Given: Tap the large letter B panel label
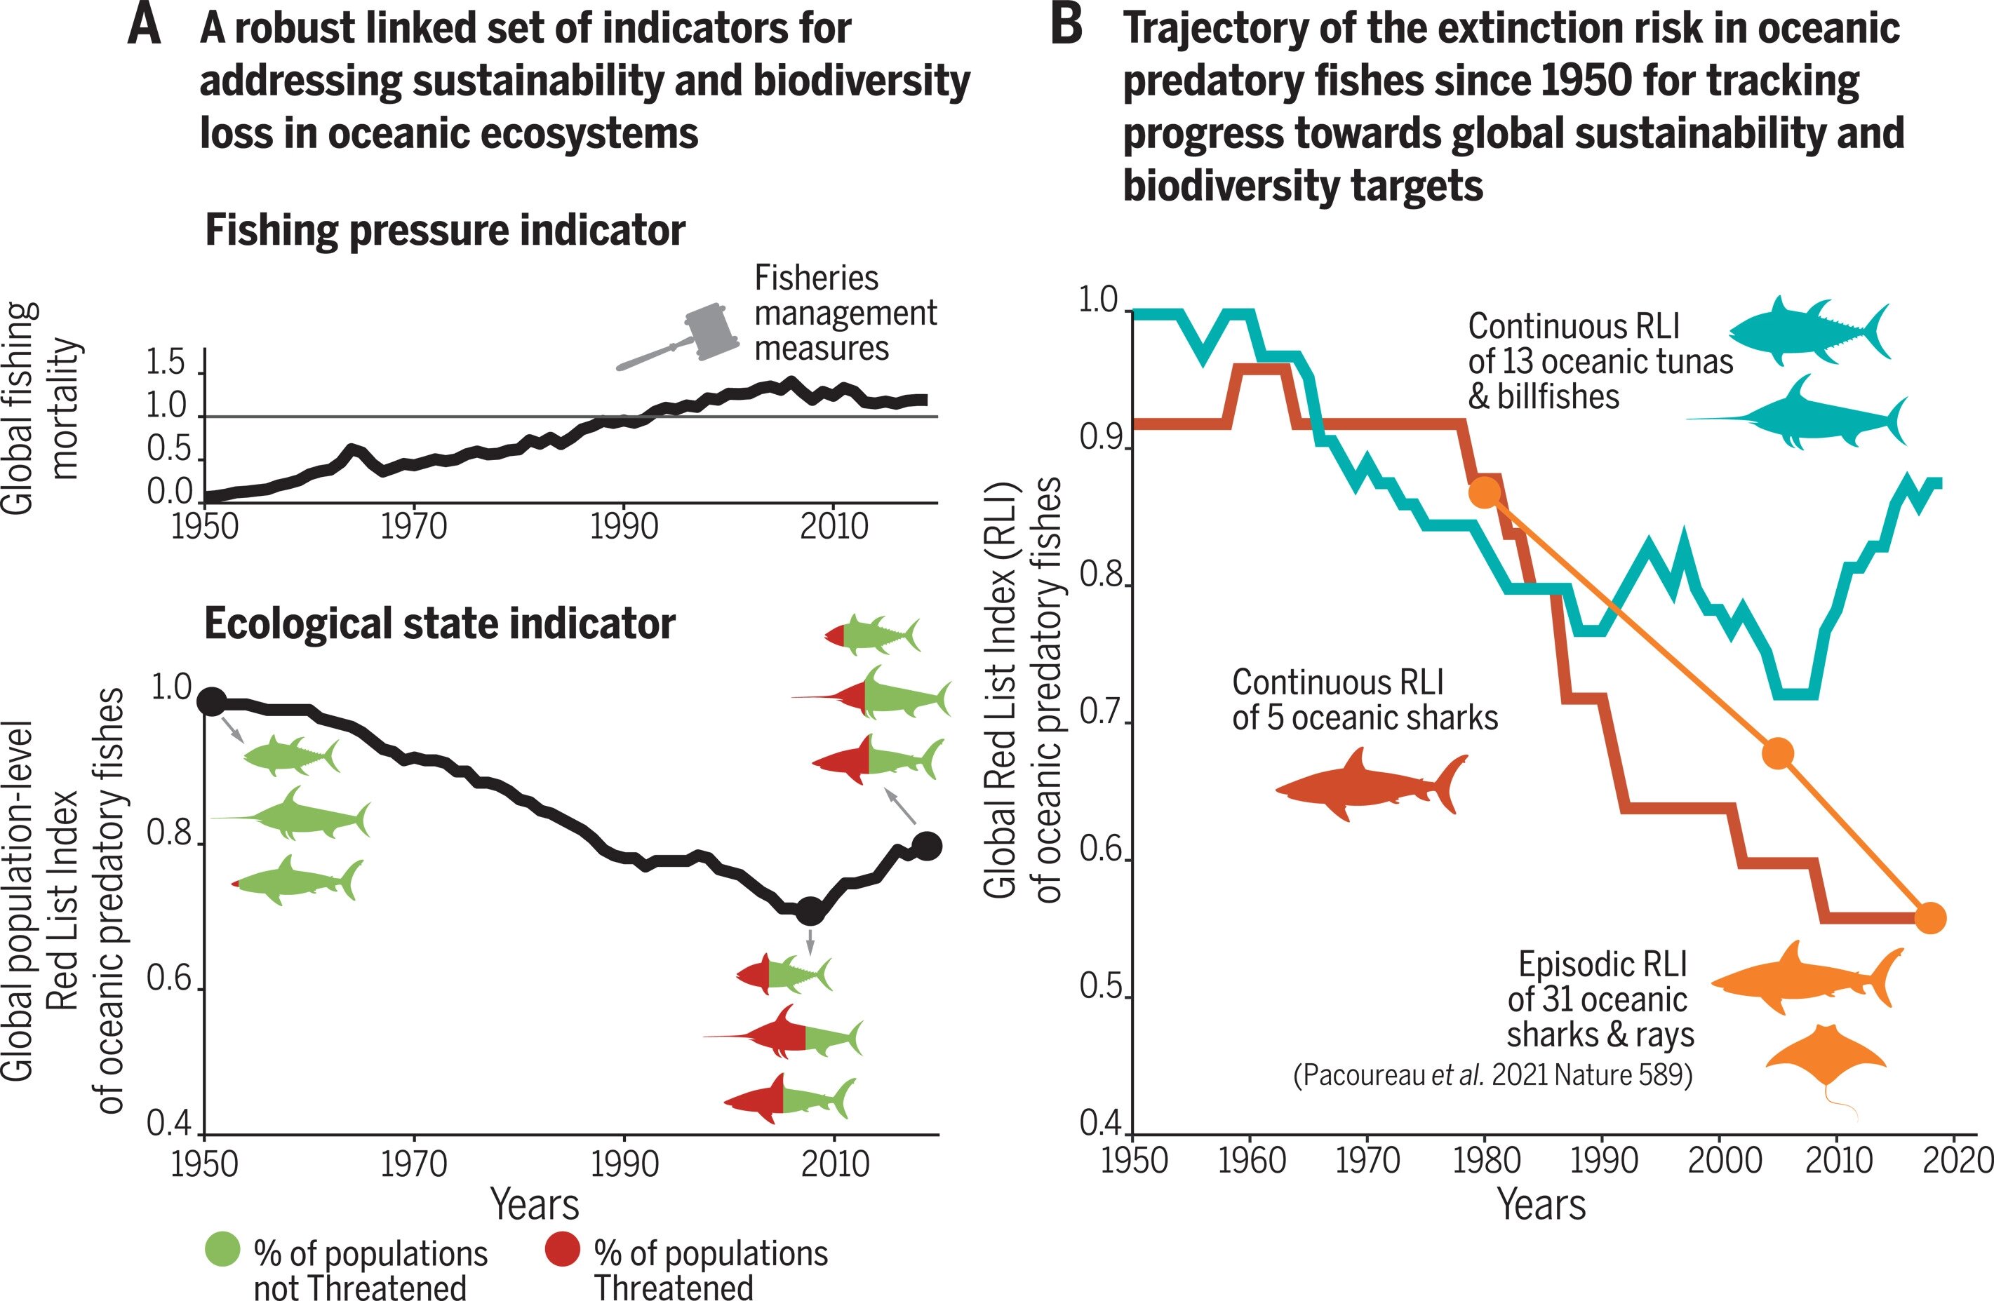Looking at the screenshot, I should (1066, 25).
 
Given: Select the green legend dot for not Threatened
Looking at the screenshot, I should (222, 1249).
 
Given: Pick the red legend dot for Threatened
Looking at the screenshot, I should (562, 1249).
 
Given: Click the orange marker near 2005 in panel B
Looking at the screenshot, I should (1778, 754).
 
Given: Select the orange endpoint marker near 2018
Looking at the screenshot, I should (1930, 918).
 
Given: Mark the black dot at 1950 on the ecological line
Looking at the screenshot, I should (211, 701).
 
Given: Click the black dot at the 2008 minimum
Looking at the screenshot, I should (810, 910).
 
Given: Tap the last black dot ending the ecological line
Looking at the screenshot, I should (927, 846).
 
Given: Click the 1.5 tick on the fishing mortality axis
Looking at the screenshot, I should (166, 363).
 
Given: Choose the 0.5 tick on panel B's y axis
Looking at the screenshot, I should (1099, 987).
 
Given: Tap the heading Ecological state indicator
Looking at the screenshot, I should (440, 624).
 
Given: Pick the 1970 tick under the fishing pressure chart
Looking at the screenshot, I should (414, 526).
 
